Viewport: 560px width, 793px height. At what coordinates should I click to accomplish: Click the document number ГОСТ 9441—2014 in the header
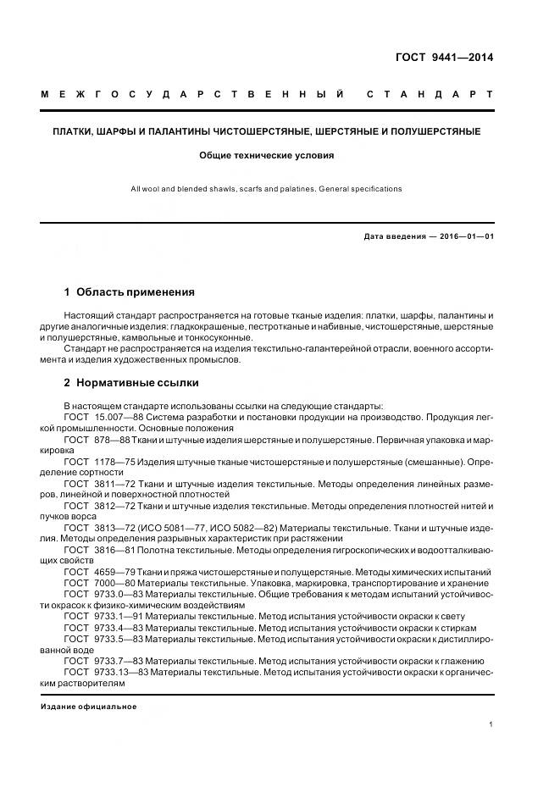click(444, 58)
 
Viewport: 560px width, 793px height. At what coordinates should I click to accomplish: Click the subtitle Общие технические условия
click(267, 156)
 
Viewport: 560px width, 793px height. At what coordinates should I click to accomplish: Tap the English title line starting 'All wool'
click(267, 188)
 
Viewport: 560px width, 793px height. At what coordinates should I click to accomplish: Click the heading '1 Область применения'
click(129, 291)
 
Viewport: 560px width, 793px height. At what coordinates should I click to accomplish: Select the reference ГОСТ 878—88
click(97, 440)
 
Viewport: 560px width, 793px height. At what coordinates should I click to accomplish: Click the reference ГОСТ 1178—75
click(99, 462)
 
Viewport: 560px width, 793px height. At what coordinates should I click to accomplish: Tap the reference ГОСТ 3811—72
click(99, 484)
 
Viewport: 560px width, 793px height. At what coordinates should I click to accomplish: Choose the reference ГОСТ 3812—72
click(99, 506)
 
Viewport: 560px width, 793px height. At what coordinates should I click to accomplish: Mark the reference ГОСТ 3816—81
click(99, 550)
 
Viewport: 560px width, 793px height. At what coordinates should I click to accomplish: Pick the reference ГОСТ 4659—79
click(99, 572)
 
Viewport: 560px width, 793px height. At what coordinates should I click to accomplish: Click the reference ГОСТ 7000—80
click(99, 583)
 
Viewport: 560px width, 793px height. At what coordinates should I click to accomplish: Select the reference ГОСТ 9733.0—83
click(103, 595)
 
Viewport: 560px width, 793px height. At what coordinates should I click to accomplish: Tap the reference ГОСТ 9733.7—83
click(103, 661)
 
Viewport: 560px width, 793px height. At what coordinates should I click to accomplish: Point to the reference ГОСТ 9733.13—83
click(106, 672)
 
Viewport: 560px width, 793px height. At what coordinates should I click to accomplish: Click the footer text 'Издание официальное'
click(88, 707)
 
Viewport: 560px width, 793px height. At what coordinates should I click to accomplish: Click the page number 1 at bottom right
click(491, 724)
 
